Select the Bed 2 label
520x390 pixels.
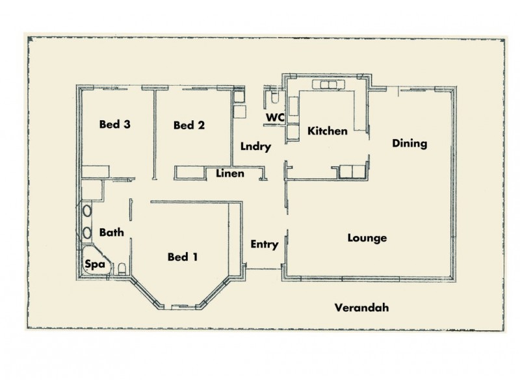click(x=189, y=125)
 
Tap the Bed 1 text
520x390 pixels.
click(x=183, y=257)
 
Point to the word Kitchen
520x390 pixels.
click(x=327, y=131)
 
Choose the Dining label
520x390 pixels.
click(x=409, y=144)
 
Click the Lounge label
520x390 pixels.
click(x=367, y=238)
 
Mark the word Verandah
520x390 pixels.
click(x=361, y=308)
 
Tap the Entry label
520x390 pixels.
click(x=264, y=244)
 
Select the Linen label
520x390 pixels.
click(x=230, y=174)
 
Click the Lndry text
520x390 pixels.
click(x=255, y=147)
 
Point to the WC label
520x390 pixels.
click(x=274, y=117)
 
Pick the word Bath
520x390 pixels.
click(x=111, y=232)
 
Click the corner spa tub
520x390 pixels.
click(x=92, y=263)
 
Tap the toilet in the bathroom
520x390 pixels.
click(x=121, y=269)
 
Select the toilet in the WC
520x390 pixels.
click(x=274, y=98)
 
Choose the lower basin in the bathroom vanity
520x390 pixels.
click(x=86, y=232)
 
